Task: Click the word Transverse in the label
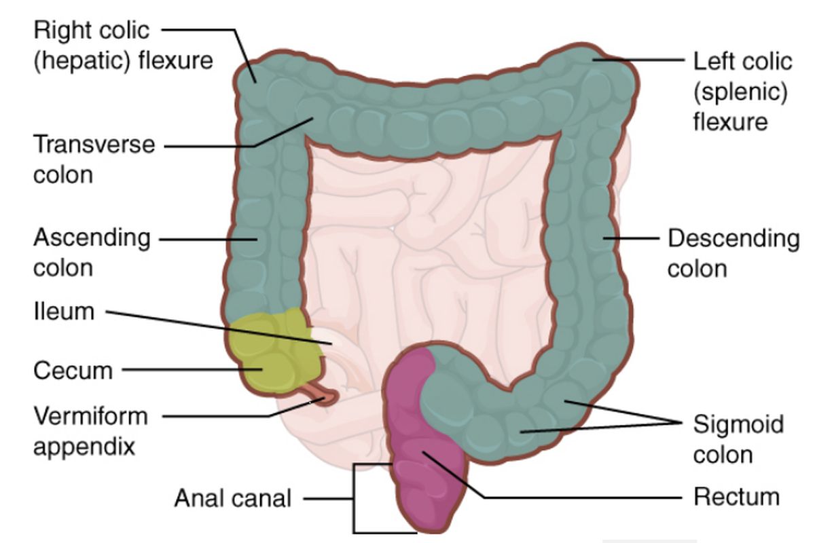94,145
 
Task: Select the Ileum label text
64,312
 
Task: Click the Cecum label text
73,371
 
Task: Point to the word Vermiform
91,416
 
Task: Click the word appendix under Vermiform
84,448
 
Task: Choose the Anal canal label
233,498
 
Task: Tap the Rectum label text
736,497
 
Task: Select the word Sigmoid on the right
738,425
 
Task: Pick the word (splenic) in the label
740,92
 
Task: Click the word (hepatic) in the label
81,61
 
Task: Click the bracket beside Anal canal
354,498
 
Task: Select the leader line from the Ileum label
219,327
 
